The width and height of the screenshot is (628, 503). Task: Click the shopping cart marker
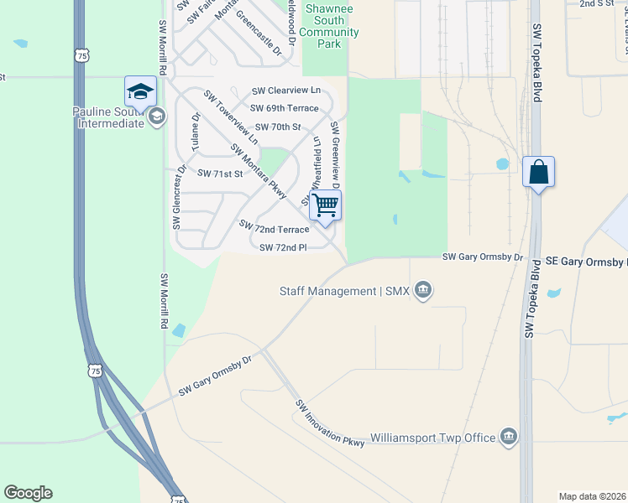(x=325, y=205)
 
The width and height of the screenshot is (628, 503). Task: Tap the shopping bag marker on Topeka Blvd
(x=537, y=172)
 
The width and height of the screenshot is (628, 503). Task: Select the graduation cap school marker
(x=140, y=91)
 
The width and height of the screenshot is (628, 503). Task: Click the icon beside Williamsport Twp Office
(x=508, y=437)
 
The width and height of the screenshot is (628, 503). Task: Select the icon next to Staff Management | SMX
(x=424, y=291)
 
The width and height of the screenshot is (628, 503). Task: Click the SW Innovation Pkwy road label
(x=330, y=423)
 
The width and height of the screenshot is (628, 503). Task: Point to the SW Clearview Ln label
(x=286, y=90)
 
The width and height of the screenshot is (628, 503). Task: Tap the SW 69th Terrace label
(x=285, y=108)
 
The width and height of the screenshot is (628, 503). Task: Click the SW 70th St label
(x=278, y=127)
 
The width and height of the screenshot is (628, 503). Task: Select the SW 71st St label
(x=219, y=174)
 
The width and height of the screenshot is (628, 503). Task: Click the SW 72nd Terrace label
(x=274, y=227)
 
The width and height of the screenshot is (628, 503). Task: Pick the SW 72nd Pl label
(x=284, y=247)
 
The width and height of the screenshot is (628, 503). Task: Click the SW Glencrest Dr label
(x=177, y=199)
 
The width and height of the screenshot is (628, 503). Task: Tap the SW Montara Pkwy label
(x=259, y=171)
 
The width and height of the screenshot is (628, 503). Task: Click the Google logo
(x=29, y=493)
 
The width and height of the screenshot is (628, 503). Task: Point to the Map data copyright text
(x=592, y=496)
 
